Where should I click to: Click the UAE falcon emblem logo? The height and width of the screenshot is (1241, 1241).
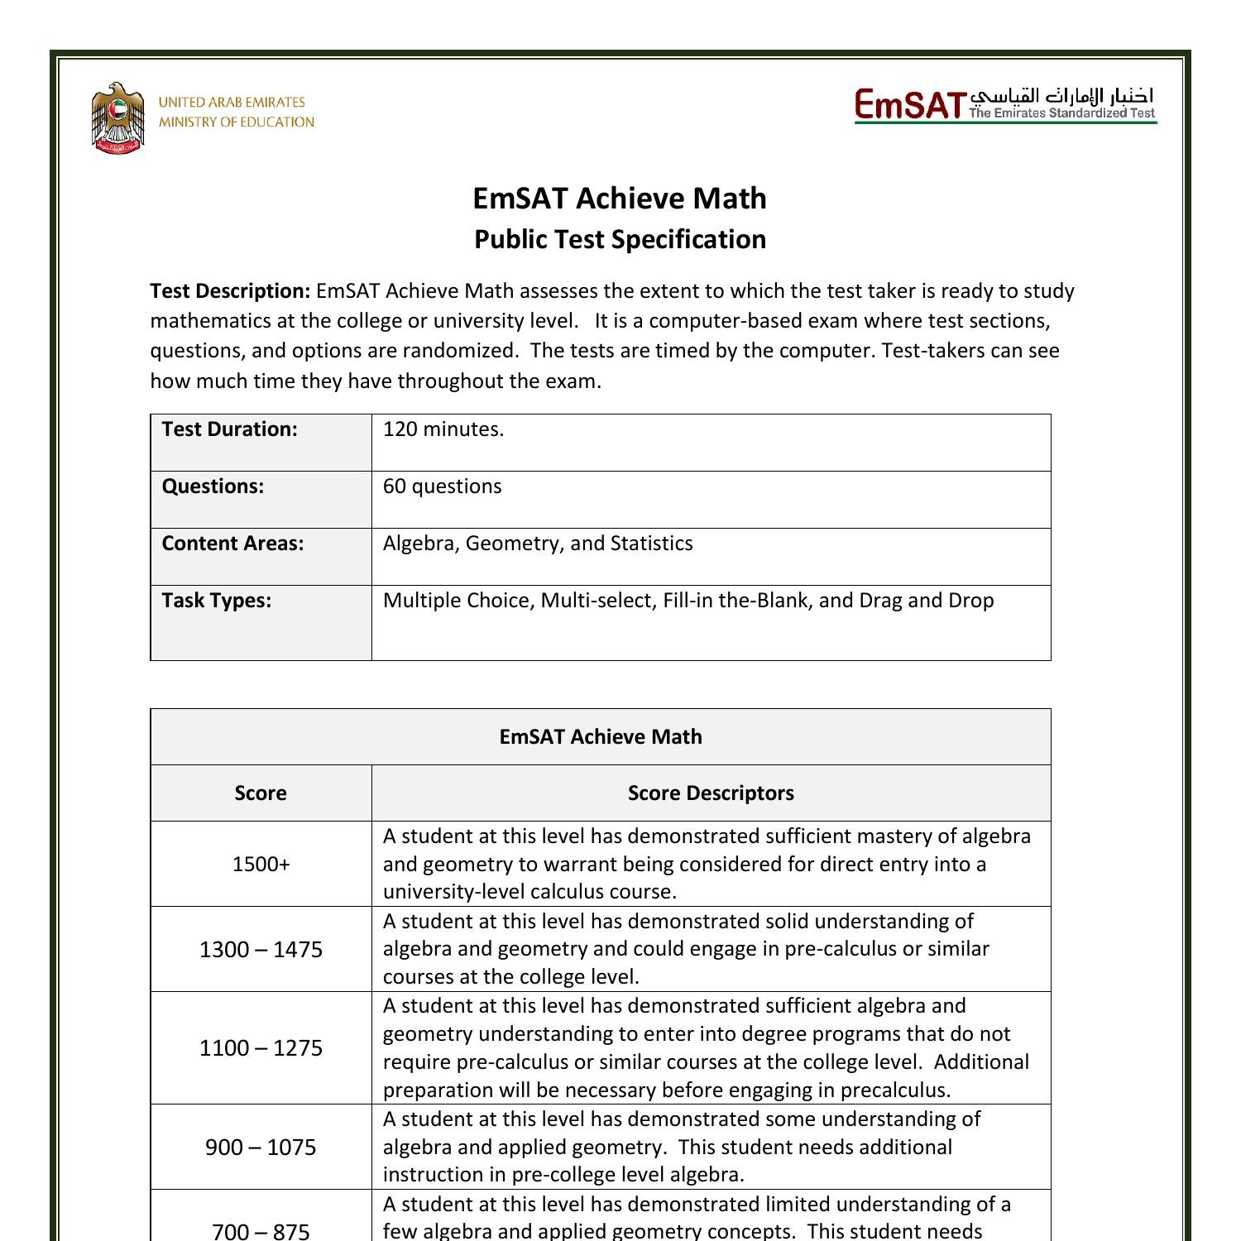117,118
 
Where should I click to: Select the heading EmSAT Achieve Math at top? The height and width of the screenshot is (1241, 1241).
620,199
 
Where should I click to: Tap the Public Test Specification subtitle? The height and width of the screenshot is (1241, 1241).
620,239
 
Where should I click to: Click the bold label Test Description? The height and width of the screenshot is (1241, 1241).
230,291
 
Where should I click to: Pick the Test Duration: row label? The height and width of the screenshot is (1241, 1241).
229,429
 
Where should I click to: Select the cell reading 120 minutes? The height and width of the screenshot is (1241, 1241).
443,429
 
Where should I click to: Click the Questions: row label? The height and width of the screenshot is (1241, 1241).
213,486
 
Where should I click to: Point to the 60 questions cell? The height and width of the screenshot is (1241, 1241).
442,486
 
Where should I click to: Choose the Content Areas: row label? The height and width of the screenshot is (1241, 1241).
232,544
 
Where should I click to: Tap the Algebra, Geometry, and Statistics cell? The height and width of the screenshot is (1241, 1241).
538,544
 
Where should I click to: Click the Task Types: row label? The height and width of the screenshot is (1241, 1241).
216,601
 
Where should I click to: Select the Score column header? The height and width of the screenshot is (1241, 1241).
261,793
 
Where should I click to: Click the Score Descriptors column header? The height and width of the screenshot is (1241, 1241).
711,793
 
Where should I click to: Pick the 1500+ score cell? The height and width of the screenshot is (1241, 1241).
261,865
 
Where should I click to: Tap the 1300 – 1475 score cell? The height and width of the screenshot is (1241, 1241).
261,949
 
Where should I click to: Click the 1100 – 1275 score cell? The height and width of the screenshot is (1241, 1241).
261,1048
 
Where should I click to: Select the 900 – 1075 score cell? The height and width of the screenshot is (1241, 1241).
261,1148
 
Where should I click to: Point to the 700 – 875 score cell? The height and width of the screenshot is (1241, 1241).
261,1230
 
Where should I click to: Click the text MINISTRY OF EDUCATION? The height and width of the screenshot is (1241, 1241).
237,122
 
